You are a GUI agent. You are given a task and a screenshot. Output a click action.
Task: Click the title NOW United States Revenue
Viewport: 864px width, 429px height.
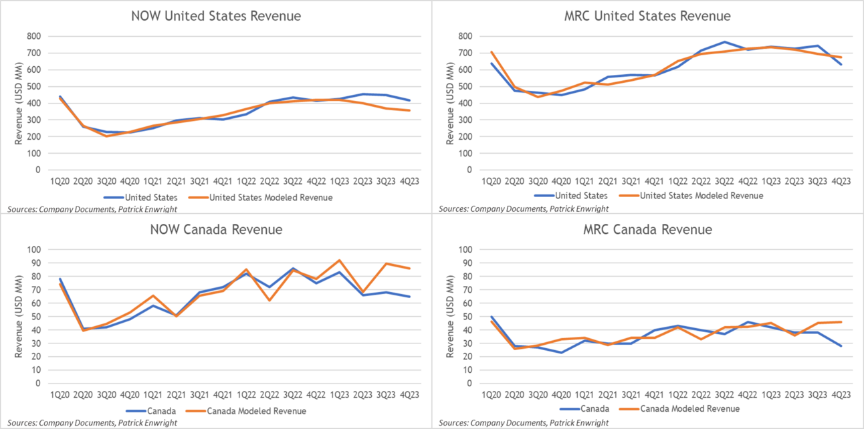[216, 15]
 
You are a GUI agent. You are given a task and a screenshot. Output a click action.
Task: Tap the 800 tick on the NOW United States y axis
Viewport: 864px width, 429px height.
[32, 36]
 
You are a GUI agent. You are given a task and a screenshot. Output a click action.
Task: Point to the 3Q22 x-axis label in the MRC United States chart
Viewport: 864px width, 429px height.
[724, 181]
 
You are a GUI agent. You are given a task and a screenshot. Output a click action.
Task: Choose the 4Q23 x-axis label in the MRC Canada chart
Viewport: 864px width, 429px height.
[841, 395]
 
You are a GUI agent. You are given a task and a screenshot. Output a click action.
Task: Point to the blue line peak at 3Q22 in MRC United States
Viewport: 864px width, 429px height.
[724, 42]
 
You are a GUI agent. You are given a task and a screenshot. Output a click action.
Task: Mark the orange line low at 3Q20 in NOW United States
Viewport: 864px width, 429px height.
[106, 136]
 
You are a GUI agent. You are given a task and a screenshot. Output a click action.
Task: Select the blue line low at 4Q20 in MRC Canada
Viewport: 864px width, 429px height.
[561, 352]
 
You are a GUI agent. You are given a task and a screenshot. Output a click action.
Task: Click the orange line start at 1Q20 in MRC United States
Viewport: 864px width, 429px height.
[492, 51]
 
